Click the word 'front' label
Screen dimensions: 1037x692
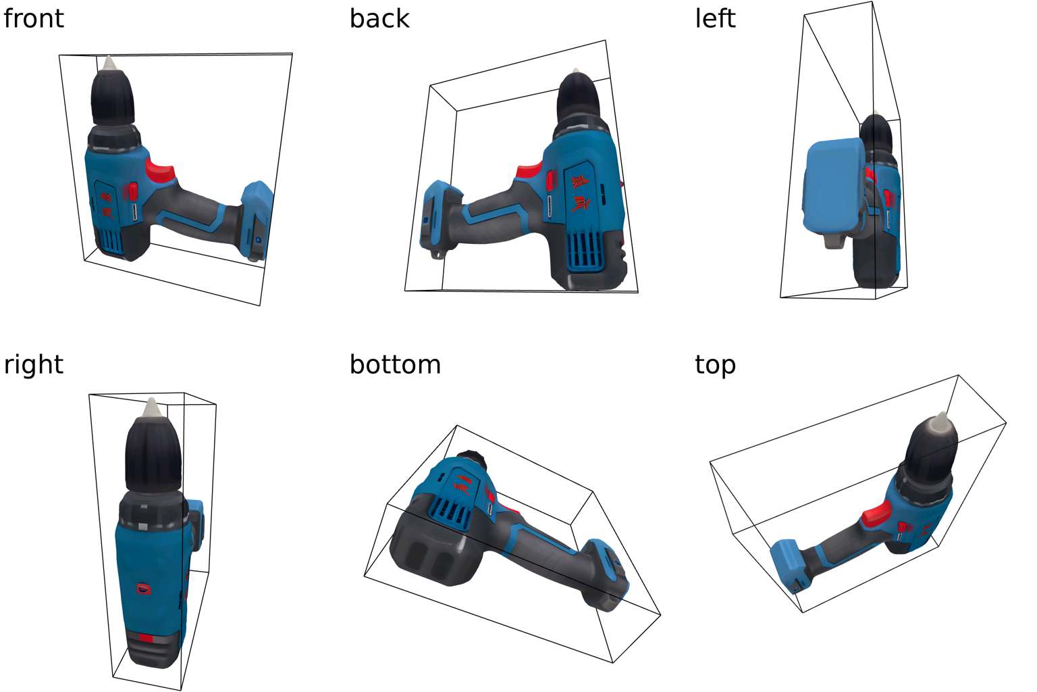33,18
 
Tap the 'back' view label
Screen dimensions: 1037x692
379,18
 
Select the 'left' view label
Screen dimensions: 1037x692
715,18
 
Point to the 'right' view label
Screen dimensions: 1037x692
33,365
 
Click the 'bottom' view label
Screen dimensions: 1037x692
395,365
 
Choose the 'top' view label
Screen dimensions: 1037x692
715,366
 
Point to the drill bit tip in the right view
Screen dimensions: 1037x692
151,399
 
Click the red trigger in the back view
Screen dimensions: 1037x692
530,172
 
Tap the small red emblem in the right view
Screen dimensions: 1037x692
144,589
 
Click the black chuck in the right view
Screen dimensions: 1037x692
153,454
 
